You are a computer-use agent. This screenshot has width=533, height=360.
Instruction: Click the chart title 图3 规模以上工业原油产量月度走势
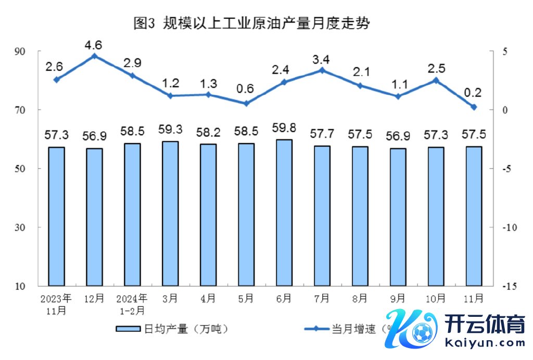(x=251, y=23)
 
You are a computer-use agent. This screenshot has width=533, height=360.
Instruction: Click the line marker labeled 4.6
(x=94, y=56)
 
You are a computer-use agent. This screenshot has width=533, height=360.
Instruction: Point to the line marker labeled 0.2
(x=474, y=107)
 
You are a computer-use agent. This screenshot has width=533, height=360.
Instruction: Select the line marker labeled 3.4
(x=322, y=70)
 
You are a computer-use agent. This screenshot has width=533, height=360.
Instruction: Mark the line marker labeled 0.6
(x=246, y=103)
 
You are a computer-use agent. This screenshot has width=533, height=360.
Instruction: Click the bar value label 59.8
(x=284, y=128)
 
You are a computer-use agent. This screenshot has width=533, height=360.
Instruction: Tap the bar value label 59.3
(x=170, y=130)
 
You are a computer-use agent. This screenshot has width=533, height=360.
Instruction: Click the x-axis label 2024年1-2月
(x=132, y=303)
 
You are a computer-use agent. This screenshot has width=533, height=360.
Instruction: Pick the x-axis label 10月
(x=436, y=299)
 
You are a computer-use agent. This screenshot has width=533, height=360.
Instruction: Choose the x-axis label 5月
(x=246, y=299)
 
